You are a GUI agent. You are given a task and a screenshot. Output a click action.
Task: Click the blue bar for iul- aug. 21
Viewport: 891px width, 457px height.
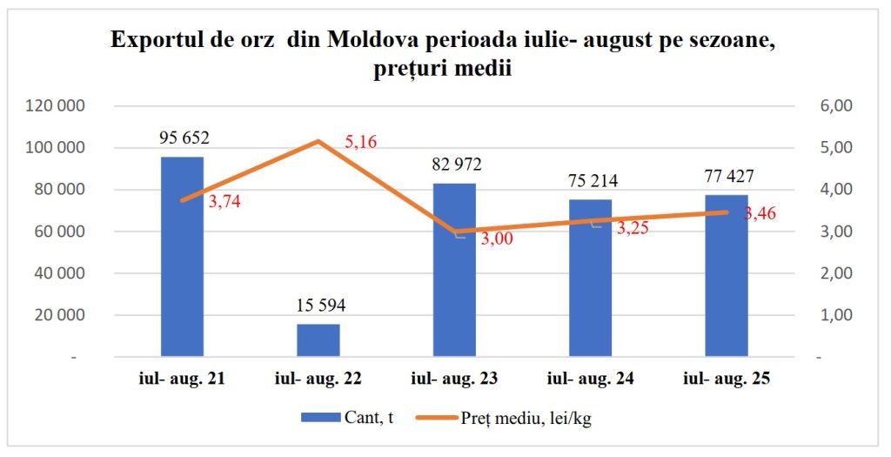(x=182, y=257)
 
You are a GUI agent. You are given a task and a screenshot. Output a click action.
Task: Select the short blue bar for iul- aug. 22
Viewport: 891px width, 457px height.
(x=318, y=340)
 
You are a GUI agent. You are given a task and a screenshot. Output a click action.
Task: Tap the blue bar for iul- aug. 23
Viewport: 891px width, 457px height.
(x=454, y=270)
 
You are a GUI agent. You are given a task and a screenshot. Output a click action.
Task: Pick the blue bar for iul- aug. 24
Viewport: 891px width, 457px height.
(x=591, y=278)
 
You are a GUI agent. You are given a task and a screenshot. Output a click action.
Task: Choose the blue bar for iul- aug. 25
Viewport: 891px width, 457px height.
(x=727, y=276)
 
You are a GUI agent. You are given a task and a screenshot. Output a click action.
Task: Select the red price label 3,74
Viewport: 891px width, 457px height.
(x=224, y=201)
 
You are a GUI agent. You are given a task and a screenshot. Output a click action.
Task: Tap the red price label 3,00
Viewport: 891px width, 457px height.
(x=497, y=239)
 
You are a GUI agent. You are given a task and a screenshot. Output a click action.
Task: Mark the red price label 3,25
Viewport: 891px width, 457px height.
(x=633, y=228)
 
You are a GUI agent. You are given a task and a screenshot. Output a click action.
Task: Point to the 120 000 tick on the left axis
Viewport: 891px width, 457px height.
(x=56, y=105)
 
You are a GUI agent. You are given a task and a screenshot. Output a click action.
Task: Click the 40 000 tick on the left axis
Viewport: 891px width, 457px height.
(x=59, y=273)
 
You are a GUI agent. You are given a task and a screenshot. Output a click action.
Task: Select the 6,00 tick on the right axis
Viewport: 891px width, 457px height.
(x=836, y=105)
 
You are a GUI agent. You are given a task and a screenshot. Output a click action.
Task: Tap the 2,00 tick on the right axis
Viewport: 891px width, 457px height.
(x=836, y=273)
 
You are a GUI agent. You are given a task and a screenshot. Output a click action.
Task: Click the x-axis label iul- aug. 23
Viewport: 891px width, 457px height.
(x=454, y=379)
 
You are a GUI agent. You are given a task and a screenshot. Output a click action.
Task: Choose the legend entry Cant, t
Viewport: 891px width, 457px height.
(x=347, y=418)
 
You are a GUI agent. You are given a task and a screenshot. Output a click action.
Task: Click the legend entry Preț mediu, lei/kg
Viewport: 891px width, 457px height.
(x=504, y=419)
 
